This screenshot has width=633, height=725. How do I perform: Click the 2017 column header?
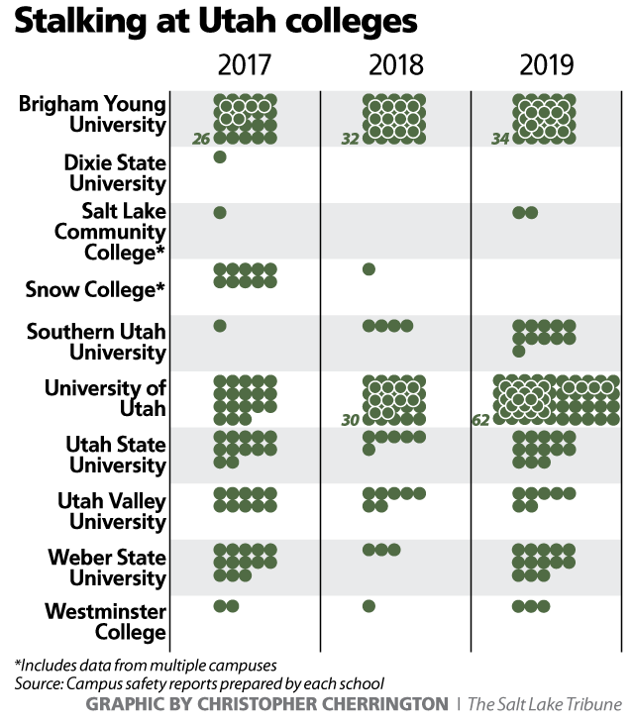[245, 66]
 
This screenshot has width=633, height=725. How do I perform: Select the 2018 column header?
[396, 66]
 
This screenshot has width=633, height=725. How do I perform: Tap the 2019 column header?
[546, 66]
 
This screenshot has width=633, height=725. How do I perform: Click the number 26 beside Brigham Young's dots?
[201, 140]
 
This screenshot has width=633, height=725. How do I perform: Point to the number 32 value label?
[350, 140]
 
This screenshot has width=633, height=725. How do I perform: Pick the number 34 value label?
[500, 140]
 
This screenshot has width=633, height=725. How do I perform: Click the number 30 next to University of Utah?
[350, 420]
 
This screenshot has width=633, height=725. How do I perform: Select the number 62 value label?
[481, 420]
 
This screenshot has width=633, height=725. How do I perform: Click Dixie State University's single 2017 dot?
[220, 157]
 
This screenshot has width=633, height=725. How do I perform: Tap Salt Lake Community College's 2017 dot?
[220, 213]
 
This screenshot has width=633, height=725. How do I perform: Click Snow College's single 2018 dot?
[369, 269]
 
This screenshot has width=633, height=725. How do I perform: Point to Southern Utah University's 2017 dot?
[220, 326]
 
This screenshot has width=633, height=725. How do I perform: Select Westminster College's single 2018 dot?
[369, 606]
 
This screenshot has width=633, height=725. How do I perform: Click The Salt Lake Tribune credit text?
[545, 704]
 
